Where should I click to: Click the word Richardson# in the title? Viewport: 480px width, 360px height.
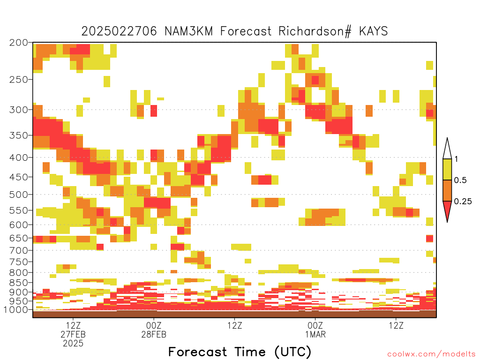click(315, 31)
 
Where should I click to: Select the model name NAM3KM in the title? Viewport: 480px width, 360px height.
click(188, 31)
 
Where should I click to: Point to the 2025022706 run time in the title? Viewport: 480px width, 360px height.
click(119, 31)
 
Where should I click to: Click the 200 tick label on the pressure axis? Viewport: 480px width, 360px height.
click(19, 43)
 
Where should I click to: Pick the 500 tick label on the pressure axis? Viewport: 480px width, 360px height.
click(19, 195)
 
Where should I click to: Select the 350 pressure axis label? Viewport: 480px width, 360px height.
click(19, 135)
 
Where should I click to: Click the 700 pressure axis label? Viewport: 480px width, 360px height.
click(19, 250)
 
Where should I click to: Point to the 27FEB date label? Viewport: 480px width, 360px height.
click(73, 334)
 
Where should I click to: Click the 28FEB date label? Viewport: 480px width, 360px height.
click(154, 334)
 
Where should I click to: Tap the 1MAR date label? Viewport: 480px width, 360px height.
click(315, 334)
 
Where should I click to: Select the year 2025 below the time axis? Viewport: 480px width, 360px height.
click(73, 344)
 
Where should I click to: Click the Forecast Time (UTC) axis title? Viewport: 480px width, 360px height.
click(240, 352)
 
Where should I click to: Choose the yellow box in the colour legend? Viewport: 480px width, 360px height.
click(447, 169)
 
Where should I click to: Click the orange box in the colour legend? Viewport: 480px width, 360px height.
click(447, 190)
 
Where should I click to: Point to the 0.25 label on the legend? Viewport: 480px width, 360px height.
click(463, 201)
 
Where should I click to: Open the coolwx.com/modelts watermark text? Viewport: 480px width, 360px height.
click(431, 354)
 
